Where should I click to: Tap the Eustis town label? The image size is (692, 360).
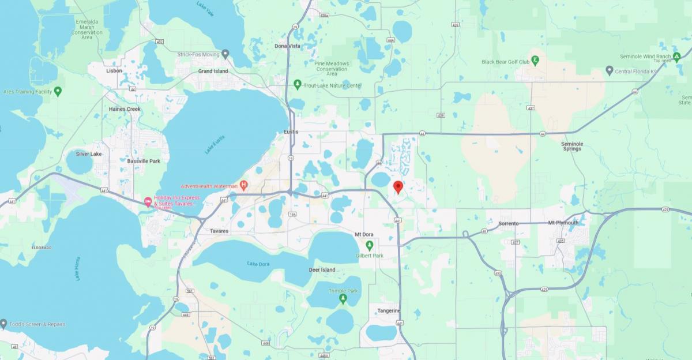click(291, 132)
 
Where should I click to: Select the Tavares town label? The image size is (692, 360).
click(219, 231)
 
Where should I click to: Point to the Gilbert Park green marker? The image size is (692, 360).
click(370, 245)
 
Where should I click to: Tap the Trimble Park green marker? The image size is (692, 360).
click(343, 298)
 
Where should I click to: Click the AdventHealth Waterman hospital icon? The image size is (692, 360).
click(243, 186)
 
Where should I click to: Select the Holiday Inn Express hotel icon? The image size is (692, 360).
click(148, 201)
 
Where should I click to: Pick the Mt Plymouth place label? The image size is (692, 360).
click(563, 223)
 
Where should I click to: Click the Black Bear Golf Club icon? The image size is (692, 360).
click(535, 60)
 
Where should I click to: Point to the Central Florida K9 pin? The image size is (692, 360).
click(609, 70)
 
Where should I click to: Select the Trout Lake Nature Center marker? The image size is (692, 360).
click(297, 85)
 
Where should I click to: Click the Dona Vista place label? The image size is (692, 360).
click(287, 46)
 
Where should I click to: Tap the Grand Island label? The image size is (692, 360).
click(213, 71)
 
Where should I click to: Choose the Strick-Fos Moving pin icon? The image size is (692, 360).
click(225, 54)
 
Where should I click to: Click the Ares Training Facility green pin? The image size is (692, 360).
click(58, 91)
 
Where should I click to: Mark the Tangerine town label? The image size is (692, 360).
click(389, 310)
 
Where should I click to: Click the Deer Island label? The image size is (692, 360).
click(322, 269)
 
